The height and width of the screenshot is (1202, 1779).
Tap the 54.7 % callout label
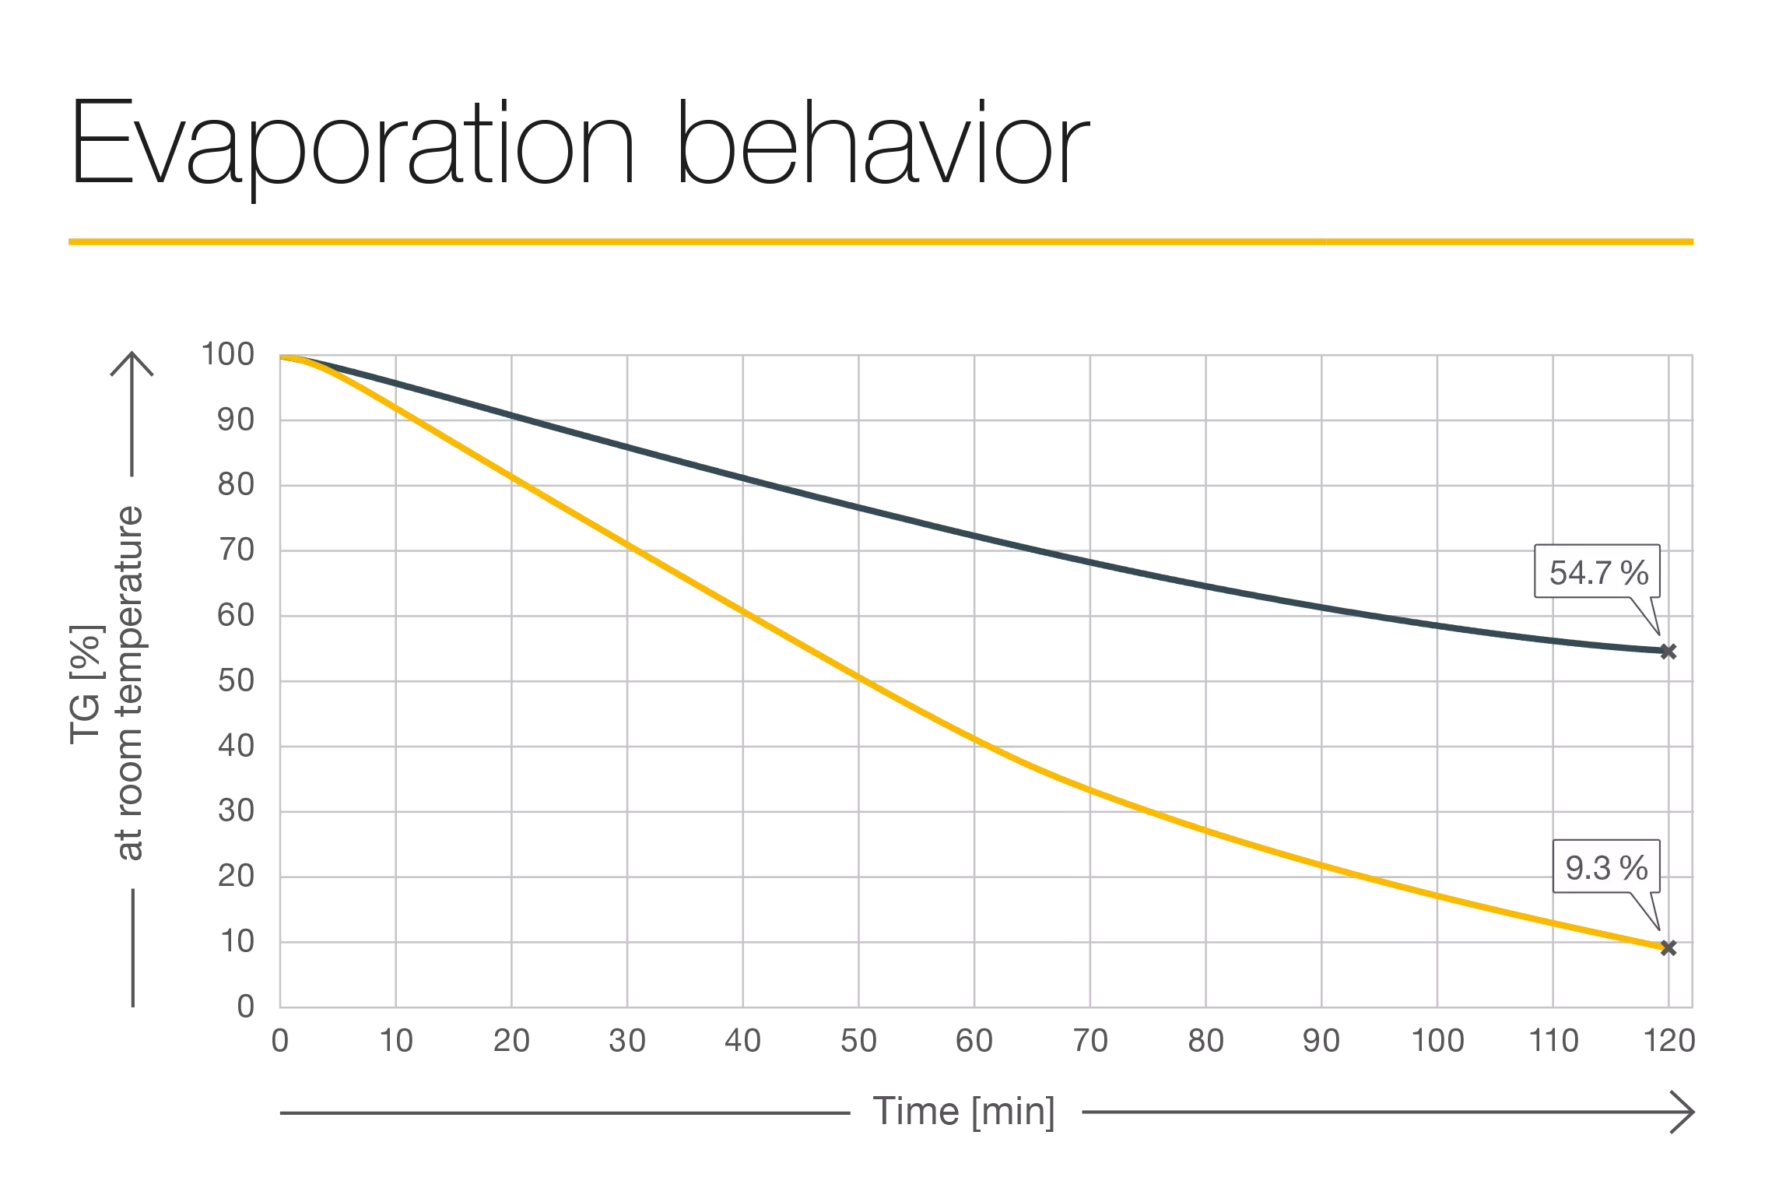(1598, 573)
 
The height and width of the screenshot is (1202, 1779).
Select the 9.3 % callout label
(1606, 867)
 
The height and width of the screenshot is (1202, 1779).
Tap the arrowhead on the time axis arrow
(1686, 1112)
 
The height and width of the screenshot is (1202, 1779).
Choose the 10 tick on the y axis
(238, 943)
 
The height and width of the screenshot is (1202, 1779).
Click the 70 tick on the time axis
(1093, 1040)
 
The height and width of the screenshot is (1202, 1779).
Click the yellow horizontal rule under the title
(882, 243)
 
